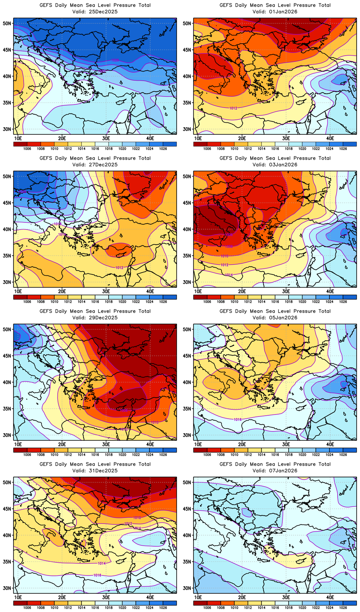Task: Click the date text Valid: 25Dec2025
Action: [x=95, y=12]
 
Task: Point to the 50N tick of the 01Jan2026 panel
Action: [x=187, y=23]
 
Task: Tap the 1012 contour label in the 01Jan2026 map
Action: [x=233, y=108]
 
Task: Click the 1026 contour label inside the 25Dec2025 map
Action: [x=115, y=60]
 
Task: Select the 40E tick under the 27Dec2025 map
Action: [x=150, y=291]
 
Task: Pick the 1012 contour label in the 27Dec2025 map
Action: [x=119, y=268]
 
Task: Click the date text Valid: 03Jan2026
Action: [x=275, y=165]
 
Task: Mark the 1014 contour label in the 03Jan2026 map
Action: [x=229, y=275]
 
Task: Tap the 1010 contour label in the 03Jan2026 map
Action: [x=224, y=256]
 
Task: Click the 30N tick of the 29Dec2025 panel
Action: [x=7, y=435]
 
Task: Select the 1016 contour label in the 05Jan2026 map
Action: [x=238, y=420]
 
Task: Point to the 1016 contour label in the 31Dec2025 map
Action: [x=97, y=575]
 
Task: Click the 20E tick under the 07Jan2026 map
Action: [x=242, y=597]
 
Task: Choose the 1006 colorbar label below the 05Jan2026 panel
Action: [x=207, y=455]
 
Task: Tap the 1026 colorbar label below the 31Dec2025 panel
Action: [x=163, y=608]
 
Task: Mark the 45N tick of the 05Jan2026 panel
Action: [x=187, y=356]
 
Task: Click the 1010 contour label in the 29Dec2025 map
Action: [x=154, y=422]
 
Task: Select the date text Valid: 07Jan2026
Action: [x=275, y=471]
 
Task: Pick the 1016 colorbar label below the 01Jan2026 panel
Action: [x=275, y=149]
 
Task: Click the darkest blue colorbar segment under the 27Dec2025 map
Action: [x=170, y=297]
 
